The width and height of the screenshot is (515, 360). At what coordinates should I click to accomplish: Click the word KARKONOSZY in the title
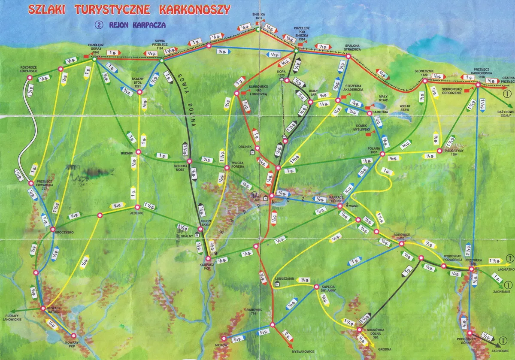pyautogui.click(x=194, y=9)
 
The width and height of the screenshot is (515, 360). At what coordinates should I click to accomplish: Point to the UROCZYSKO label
pyautogui.click(x=64, y=232)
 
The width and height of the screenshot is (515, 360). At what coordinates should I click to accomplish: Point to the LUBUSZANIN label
pyautogui.click(x=285, y=278)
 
